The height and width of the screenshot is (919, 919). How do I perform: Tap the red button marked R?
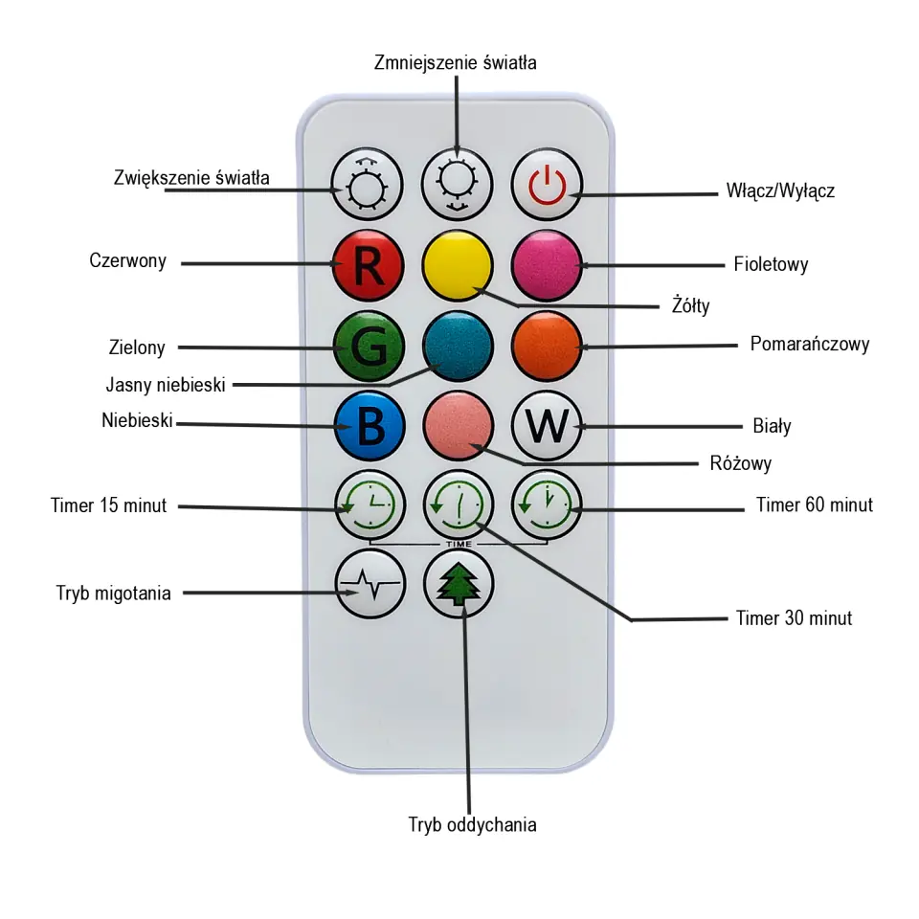click(369, 265)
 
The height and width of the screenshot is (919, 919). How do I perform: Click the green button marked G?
click(369, 347)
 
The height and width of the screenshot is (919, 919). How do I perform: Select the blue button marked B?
click(369, 426)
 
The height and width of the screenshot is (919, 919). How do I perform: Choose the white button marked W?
click(547, 426)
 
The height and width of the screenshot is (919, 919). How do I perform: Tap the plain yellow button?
click(458, 265)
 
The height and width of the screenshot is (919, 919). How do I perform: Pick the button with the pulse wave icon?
click(369, 586)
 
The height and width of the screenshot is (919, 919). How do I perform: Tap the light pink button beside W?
click(458, 426)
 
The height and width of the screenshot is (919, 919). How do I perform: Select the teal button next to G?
click(458, 347)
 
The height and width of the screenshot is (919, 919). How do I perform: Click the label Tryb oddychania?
click(472, 825)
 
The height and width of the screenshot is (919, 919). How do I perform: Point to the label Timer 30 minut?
click(794, 618)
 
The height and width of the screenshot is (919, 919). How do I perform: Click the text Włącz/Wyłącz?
click(779, 191)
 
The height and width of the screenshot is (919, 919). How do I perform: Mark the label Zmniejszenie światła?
click(455, 63)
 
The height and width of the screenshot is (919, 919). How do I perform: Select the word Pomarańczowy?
click(810, 344)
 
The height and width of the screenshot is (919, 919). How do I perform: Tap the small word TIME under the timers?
click(458, 544)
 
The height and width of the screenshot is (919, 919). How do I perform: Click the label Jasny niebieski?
click(166, 386)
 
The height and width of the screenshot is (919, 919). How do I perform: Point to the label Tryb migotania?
click(114, 594)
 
